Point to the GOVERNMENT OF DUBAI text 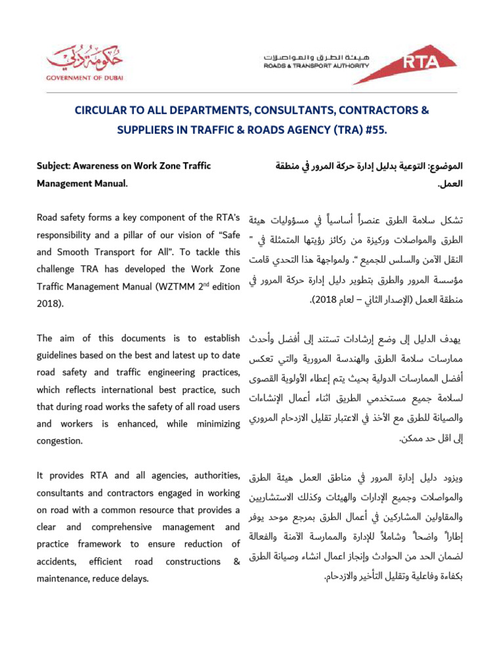pos(84,77)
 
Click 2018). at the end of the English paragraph pos(49,303)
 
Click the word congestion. pos(60,441)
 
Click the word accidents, pos(57,561)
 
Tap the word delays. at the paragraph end pos(135,578)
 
